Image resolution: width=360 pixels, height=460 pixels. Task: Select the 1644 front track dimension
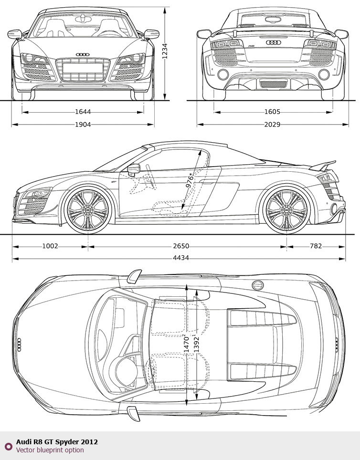click(83, 112)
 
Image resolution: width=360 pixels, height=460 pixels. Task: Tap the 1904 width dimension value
click(83, 125)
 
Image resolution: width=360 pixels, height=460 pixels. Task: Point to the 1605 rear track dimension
click(272, 112)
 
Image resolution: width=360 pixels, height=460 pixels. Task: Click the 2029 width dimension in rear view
click(272, 125)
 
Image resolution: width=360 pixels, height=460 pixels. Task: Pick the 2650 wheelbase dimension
click(181, 246)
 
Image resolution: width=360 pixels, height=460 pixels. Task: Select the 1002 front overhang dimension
click(50, 246)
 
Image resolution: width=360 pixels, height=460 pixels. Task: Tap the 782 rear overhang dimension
click(316, 246)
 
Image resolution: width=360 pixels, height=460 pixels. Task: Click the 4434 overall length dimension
click(181, 258)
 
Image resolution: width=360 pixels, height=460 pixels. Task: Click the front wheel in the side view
click(87, 210)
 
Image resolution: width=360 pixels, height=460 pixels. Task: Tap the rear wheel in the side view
click(286, 210)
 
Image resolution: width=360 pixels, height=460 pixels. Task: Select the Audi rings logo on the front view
click(83, 54)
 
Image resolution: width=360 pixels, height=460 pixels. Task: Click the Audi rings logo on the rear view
click(274, 42)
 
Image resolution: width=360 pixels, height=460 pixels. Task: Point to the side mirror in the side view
click(134, 169)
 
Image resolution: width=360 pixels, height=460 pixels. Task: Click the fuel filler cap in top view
click(258, 285)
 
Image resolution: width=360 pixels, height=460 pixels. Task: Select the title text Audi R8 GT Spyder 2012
click(57, 442)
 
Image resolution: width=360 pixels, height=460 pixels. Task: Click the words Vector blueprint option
click(50, 450)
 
